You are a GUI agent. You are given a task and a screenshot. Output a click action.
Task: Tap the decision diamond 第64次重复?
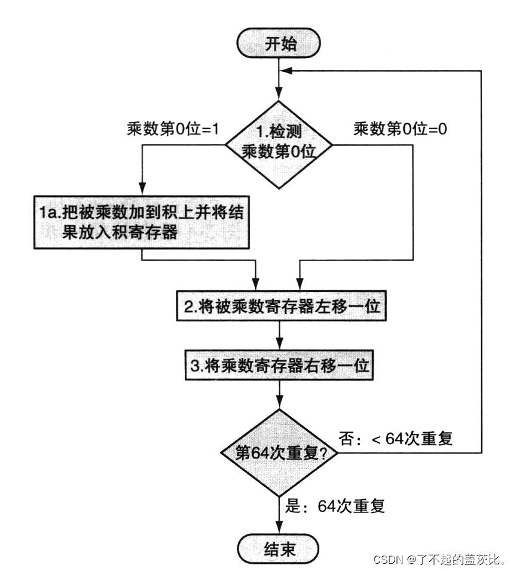pos(279,453)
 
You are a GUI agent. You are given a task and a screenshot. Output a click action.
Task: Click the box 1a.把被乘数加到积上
pos(141,223)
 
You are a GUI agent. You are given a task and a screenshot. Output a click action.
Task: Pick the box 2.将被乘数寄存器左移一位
pos(279,306)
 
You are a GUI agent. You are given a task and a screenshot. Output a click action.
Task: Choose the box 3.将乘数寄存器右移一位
pos(279,365)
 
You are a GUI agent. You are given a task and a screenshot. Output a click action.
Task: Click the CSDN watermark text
pos(440,559)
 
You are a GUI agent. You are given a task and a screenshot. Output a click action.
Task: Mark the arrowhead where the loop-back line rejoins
pos(288,70)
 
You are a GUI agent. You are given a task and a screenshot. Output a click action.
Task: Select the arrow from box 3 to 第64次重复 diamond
pos(279,396)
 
